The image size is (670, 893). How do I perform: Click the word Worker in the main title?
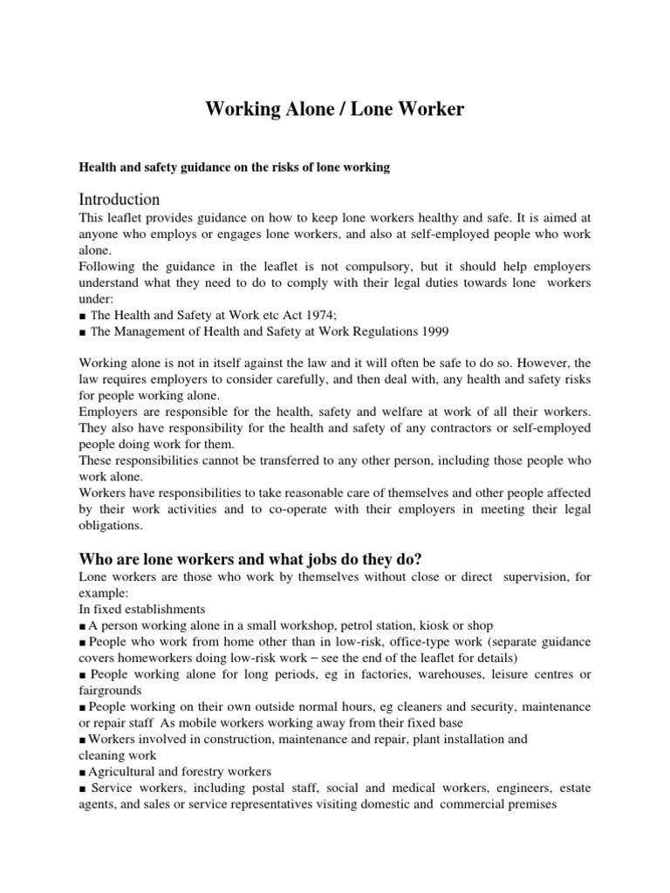[x=422, y=109]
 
